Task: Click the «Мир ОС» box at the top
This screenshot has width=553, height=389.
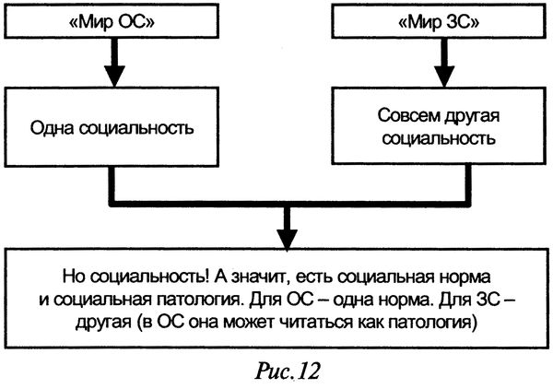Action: [110, 22]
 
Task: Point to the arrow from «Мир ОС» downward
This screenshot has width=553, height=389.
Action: [110, 64]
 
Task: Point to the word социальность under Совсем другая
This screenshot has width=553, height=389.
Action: [429, 140]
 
